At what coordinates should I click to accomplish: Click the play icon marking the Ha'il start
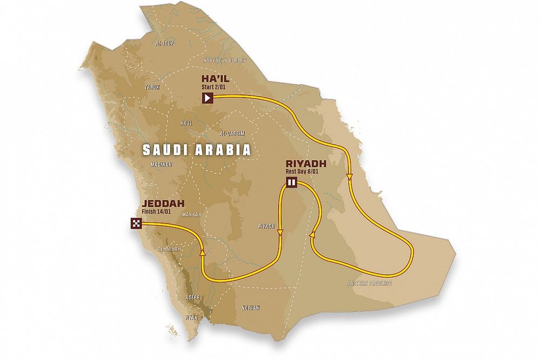tap(208, 98)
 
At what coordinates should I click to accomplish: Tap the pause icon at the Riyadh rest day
tap(292, 182)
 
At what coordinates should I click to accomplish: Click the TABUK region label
tap(152, 87)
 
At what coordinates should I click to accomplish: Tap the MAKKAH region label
tap(192, 214)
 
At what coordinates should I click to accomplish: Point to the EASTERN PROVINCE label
tap(369, 283)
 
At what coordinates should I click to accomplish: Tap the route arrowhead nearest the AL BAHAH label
tap(203, 251)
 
